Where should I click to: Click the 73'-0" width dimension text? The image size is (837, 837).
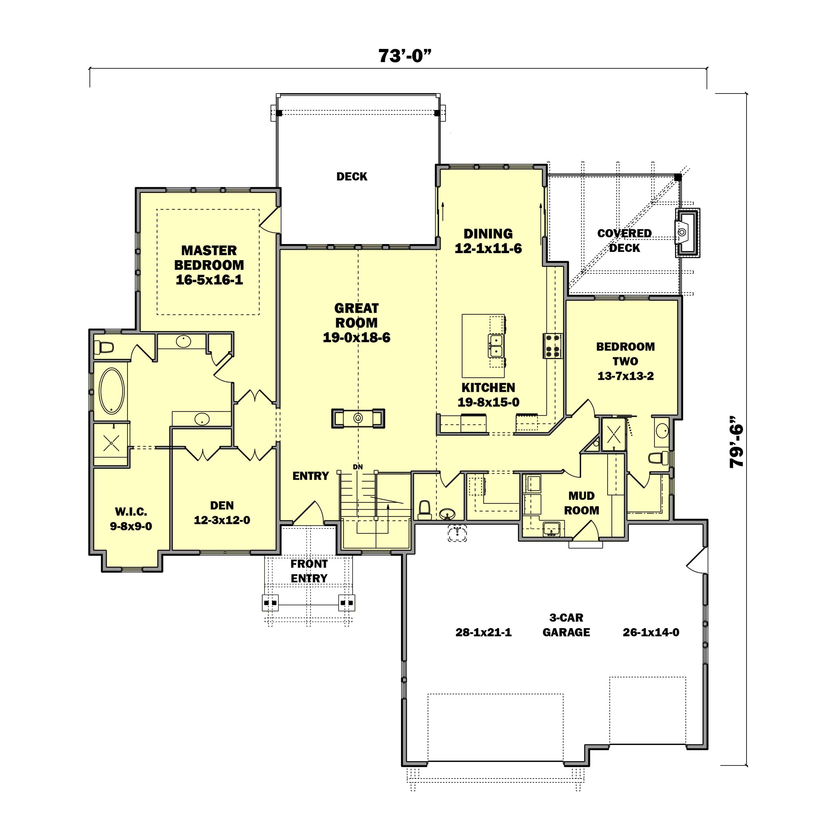point(404,56)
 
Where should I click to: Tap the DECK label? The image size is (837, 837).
point(351,176)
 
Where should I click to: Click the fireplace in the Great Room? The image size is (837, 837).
point(358,418)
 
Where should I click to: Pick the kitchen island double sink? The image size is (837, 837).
point(496,345)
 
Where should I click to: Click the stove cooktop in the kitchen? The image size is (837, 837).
point(552,346)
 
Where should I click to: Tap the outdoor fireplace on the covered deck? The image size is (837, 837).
point(687,233)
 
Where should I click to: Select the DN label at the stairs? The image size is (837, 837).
point(357,467)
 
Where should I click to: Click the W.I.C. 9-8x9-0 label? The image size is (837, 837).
point(131,519)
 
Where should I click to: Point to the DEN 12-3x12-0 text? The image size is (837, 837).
point(222,512)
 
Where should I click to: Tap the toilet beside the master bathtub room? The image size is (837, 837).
point(104,347)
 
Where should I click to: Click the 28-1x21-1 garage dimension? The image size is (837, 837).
point(483,632)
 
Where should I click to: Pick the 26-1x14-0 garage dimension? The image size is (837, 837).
point(650,632)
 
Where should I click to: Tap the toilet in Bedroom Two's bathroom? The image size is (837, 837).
point(658,458)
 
